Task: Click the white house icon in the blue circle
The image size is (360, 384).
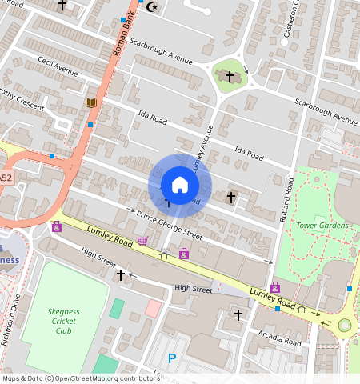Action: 180,185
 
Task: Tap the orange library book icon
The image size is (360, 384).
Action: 90,102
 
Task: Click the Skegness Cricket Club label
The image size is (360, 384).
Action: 63,321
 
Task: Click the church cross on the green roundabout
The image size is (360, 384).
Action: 230,77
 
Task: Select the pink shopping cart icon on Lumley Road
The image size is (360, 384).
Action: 142,240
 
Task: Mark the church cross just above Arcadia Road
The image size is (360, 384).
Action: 238,316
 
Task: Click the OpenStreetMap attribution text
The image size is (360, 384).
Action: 80,378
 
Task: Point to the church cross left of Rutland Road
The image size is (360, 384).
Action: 231,196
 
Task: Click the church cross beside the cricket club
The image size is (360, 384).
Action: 121,274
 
